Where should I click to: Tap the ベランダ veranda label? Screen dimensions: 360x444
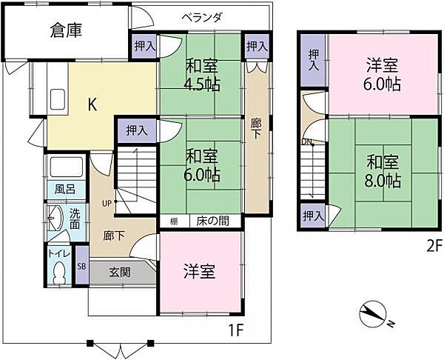202,19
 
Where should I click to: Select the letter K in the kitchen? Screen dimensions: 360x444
92,104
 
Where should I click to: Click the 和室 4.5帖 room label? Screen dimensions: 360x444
201,73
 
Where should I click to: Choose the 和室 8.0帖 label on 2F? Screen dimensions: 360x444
383,170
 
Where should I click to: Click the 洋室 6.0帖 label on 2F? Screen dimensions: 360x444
383,74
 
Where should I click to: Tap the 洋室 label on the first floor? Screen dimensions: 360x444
200,271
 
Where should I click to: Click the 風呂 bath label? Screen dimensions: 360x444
65,189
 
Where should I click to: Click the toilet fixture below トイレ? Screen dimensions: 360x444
59,273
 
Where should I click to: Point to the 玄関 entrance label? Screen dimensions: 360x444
121,272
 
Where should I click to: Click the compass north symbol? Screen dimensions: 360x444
373,316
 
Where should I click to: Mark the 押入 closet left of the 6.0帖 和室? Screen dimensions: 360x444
135,130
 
